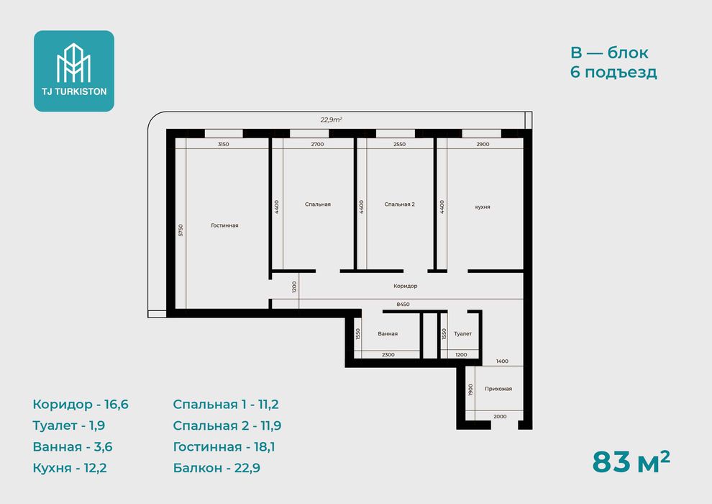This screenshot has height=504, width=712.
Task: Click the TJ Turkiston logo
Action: click(x=74, y=71)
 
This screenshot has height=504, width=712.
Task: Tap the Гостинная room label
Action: click(x=225, y=225)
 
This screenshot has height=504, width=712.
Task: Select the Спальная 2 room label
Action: click(x=400, y=204)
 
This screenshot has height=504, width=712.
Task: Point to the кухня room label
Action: click(x=483, y=207)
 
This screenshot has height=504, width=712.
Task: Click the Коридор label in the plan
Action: click(x=406, y=286)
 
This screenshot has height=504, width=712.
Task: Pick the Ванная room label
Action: click(x=388, y=333)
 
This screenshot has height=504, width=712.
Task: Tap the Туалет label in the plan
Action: click(x=462, y=333)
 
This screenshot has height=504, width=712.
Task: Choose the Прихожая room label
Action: click(x=498, y=389)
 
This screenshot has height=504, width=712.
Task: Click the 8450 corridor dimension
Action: click(x=403, y=305)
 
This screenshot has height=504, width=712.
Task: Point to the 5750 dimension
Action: click(x=181, y=230)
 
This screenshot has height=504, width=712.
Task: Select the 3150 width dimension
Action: click(x=224, y=144)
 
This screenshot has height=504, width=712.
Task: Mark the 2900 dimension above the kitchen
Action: click(x=483, y=144)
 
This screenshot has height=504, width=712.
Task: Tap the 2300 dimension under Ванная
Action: click(x=388, y=354)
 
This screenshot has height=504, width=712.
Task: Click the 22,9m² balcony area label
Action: click(x=332, y=120)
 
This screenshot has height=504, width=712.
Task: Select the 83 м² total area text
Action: click(x=631, y=462)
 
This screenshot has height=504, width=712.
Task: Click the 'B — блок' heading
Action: click(x=609, y=53)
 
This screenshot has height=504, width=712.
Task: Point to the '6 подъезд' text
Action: click(x=614, y=72)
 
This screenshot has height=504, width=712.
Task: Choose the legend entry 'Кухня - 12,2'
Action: click(x=70, y=468)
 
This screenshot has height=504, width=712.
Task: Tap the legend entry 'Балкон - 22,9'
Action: click(x=216, y=468)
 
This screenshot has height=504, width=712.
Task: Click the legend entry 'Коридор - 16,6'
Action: click(x=81, y=405)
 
